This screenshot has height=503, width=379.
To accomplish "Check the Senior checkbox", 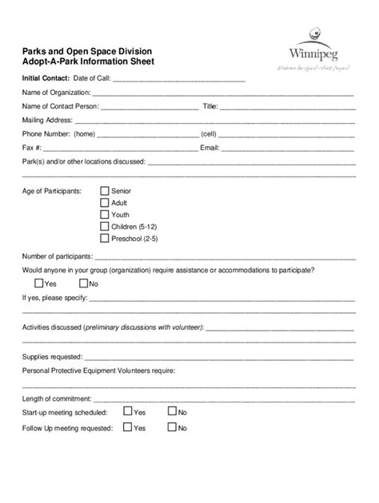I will pos(104,192).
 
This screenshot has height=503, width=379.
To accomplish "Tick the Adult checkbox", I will pos(104,203).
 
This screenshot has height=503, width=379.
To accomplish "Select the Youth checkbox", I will pos(104,215).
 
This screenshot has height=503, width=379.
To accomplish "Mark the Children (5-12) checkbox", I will pos(104,227).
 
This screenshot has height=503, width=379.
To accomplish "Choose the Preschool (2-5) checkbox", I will pos(104,238).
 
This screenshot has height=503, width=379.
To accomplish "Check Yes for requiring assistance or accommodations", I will pos(39,283).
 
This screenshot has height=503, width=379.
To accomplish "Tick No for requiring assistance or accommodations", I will pos(83,283).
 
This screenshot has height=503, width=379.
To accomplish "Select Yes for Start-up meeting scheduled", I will pos(127,412).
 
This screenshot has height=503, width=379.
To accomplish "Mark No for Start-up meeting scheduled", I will pos(172,412).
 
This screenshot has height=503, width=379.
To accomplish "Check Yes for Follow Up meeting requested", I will pos(127,428).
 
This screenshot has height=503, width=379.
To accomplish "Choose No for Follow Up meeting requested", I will pos(172,428).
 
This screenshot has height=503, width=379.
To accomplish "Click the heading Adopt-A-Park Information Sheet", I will pos(89,61).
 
